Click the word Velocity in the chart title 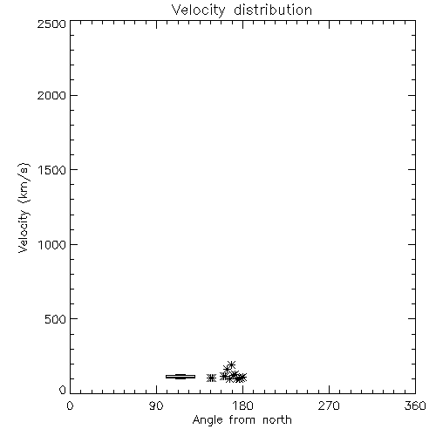point(198,10)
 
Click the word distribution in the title point(273,10)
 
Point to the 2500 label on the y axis point(51,24)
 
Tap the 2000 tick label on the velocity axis point(51,95)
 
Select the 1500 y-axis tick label point(52,170)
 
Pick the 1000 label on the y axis point(52,245)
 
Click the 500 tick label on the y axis point(56,319)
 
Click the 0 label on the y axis point(63,390)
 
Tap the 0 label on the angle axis point(70,405)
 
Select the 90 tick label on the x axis point(156,405)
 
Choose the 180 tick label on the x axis point(242,405)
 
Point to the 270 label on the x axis point(329,405)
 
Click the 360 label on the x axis point(415,405)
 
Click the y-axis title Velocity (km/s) point(24,208)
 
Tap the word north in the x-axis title point(277,420)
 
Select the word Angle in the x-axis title point(208,420)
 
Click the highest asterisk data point point(231,364)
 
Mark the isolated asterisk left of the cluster point(211,378)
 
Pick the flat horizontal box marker point(181,377)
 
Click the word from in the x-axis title point(242,420)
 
